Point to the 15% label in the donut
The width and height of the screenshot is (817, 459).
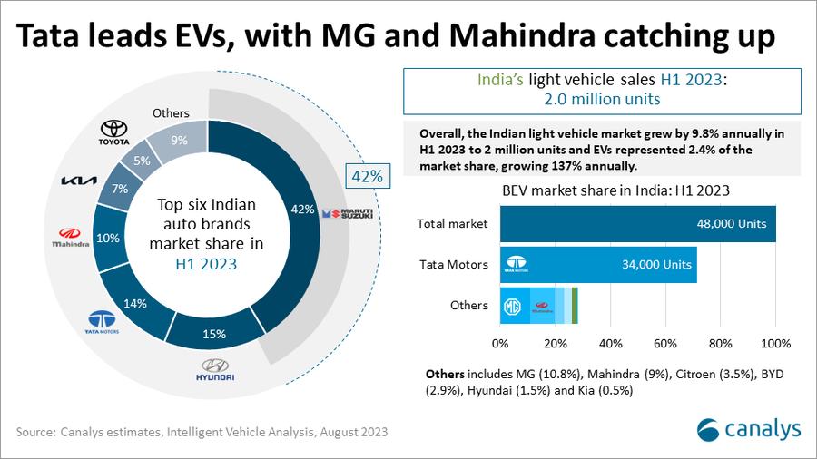click(214, 334)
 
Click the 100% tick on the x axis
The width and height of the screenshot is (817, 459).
click(775, 344)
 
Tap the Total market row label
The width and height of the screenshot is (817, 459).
click(452, 223)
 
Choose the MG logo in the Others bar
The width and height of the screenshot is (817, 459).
click(512, 307)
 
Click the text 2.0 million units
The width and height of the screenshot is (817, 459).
click(602, 99)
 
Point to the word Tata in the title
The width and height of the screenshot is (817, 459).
click(56, 37)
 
